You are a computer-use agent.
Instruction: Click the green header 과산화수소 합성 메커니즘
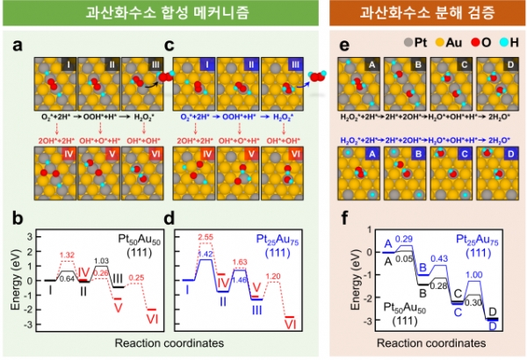click(x=165, y=15)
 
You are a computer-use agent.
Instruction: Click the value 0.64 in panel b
click(x=66, y=279)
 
